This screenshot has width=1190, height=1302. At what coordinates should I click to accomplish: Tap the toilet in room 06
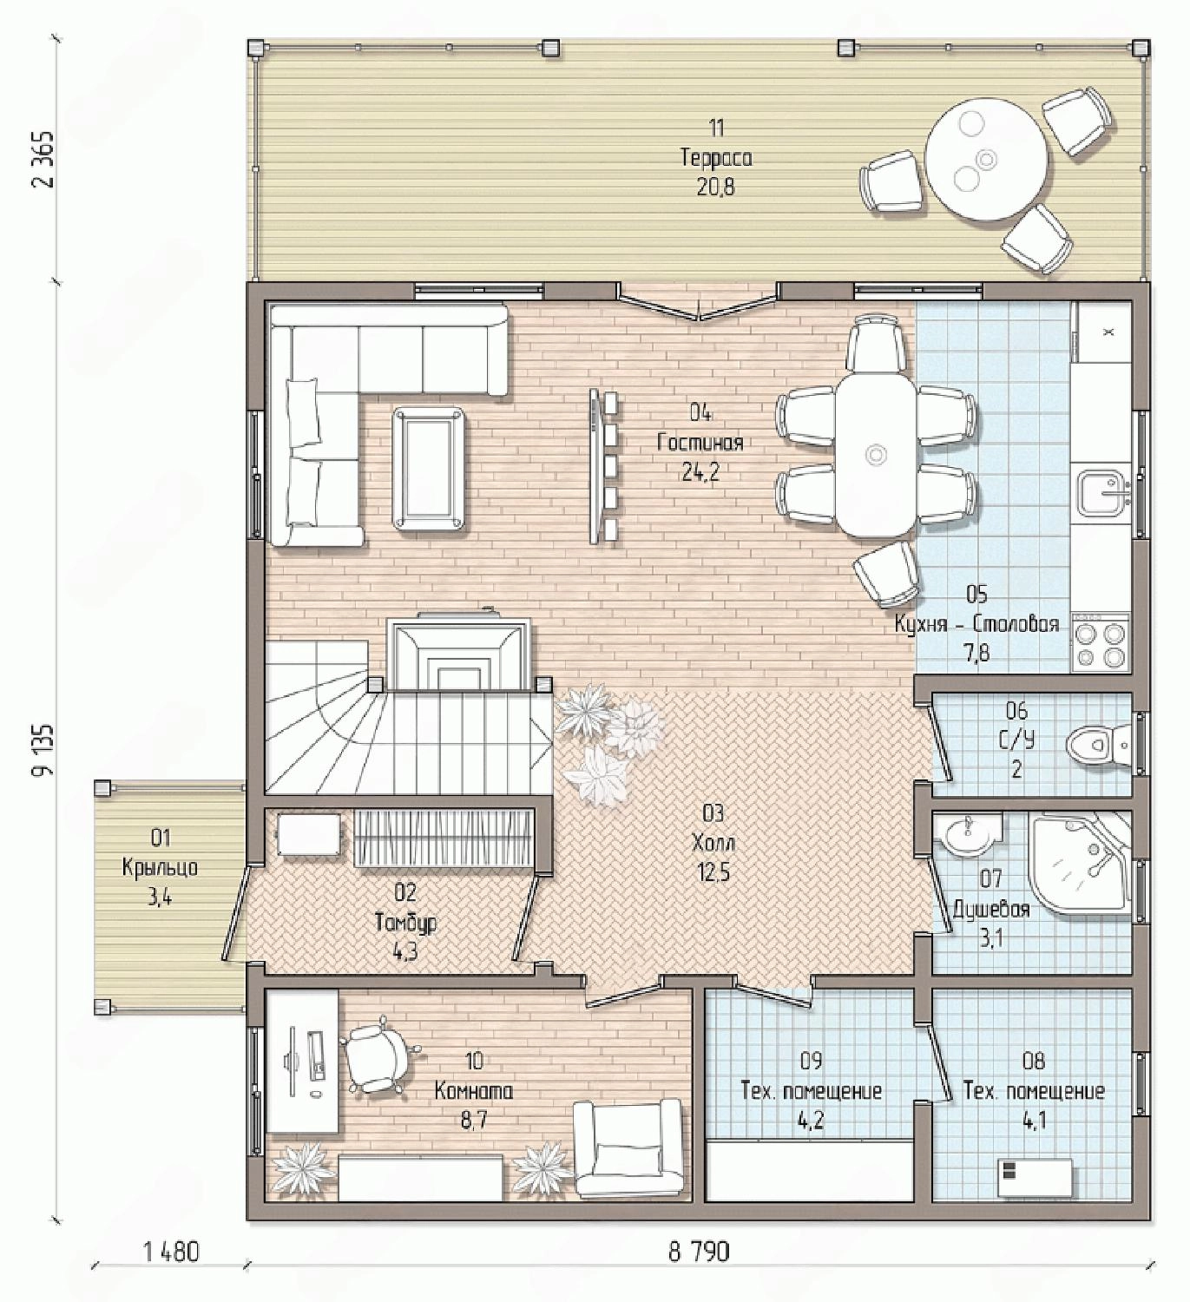click(x=1098, y=743)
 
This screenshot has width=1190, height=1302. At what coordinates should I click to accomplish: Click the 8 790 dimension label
click(x=699, y=1250)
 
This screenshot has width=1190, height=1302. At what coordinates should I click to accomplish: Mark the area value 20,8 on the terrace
click(x=716, y=187)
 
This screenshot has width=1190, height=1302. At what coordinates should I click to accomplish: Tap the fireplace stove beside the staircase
click(x=458, y=649)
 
